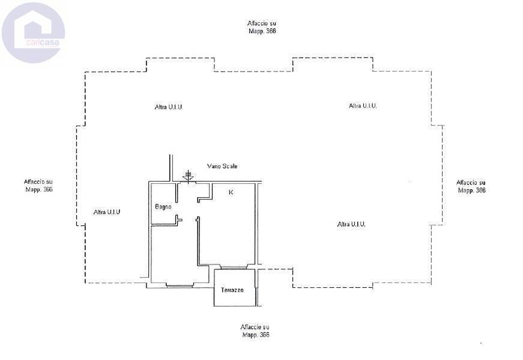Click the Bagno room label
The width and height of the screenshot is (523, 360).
click(163, 207)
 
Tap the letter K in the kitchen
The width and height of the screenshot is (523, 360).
click(231, 192)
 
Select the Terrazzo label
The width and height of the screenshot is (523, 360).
click(232, 290)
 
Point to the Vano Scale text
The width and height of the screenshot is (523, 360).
click(222, 166)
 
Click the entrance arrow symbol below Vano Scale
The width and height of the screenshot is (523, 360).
click(188, 175)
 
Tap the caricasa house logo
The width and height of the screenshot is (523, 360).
click(33, 32)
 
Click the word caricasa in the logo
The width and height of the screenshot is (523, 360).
click(43, 43)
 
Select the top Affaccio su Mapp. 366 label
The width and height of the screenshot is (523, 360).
click(262, 27)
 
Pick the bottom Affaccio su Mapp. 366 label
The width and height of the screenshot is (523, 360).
click(255, 331)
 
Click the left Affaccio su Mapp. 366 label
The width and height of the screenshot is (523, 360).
click(38, 186)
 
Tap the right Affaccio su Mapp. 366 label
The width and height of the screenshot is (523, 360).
click(471, 186)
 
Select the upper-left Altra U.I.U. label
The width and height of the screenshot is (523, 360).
click(169, 107)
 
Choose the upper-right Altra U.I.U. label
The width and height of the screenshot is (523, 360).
click(363, 106)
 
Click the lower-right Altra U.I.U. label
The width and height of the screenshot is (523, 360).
click(351, 224)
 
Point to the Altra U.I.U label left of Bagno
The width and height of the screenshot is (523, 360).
click(107, 212)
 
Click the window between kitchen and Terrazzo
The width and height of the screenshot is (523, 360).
click(234, 267)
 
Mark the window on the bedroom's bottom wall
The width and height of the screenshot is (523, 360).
click(180, 285)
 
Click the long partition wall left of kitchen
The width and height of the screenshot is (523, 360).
click(198, 241)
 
